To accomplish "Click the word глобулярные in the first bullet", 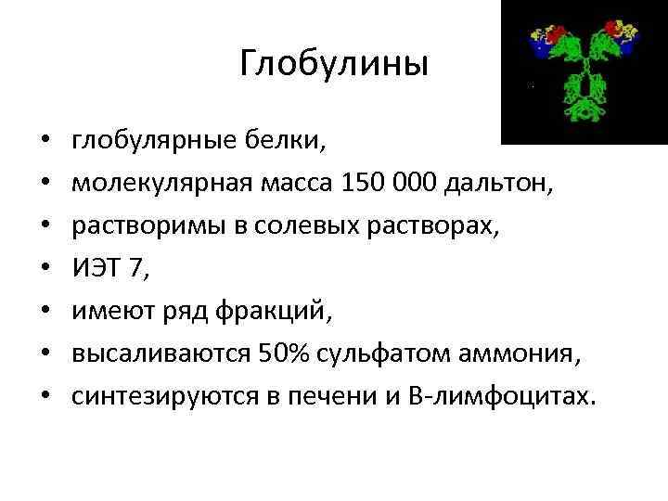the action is [x=154, y=141].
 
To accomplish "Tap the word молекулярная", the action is [x=162, y=184].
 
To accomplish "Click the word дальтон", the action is [x=498, y=183].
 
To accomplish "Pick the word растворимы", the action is [x=148, y=226].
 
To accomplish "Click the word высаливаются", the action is [x=161, y=353].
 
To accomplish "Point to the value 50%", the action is [x=283, y=353].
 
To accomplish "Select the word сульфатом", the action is [x=383, y=353].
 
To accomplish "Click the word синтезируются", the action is [x=165, y=397].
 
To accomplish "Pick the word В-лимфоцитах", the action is [x=502, y=396].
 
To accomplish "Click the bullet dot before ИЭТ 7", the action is [x=45, y=267].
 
